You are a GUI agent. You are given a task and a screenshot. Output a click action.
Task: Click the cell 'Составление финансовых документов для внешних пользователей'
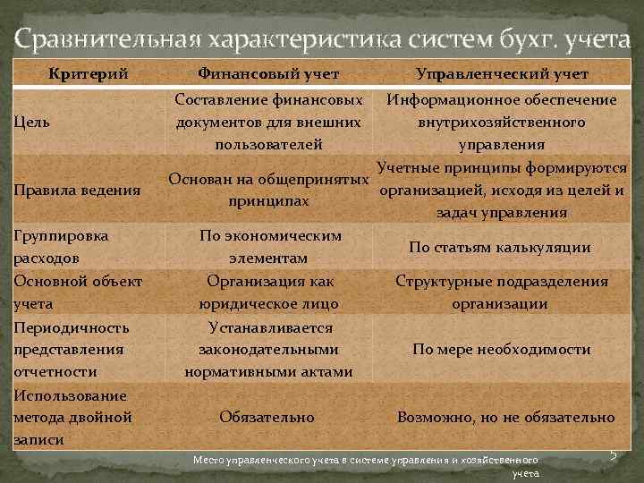click(x=269, y=122)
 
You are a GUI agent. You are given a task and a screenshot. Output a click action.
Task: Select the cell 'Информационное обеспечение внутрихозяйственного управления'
click(x=501, y=122)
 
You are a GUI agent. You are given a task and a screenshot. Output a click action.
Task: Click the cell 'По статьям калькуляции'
click(x=499, y=247)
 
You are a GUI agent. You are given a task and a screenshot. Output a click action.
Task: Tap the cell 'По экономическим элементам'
click(x=269, y=247)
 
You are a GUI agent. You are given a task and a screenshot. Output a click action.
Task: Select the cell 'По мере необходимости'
click(x=501, y=350)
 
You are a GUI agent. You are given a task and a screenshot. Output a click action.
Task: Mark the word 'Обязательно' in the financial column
click(x=267, y=417)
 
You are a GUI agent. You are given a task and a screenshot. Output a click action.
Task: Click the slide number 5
click(x=614, y=455)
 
